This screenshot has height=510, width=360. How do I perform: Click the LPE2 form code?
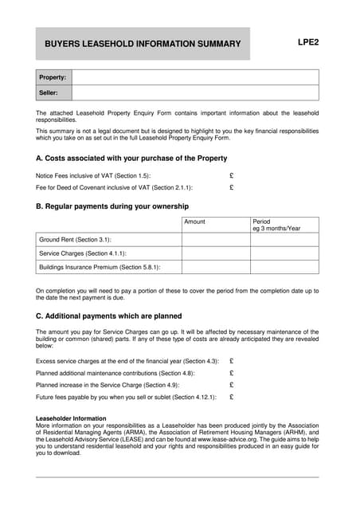[307, 42]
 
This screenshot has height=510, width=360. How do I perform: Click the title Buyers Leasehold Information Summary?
[143, 44]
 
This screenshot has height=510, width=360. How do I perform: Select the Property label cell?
[53, 77]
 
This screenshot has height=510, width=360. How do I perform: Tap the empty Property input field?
[195, 77]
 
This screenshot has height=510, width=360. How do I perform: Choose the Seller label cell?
[53, 93]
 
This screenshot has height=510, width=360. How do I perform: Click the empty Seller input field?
[195, 93]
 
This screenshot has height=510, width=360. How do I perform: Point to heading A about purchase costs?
[131, 159]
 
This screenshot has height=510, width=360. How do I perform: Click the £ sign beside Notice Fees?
[231, 175]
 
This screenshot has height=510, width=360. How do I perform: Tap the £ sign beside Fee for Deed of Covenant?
[231, 188]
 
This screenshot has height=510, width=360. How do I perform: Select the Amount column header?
[194, 222]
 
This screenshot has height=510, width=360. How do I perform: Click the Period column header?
[262, 222]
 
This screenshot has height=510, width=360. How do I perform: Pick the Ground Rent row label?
[75, 239]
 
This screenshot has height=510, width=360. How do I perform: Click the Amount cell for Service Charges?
[215, 253]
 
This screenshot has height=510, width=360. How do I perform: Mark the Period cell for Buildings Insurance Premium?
[284, 268]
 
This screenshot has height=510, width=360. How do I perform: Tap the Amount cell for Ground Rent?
[215, 239]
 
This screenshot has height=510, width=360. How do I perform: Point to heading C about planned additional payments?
[109, 316]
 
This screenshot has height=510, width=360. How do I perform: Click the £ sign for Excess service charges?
[231, 361]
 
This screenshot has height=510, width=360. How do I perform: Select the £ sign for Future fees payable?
[231, 397]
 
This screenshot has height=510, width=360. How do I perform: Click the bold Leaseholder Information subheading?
[72, 418]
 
